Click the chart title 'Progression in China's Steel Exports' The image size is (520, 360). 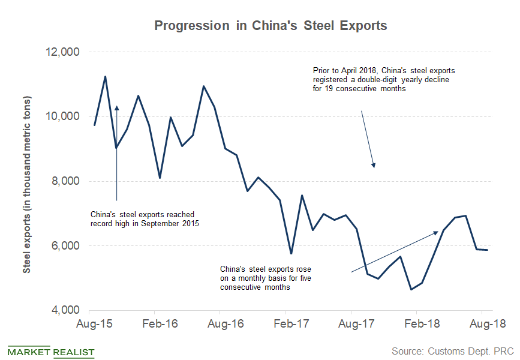coord(270,26)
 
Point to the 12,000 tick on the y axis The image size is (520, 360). coord(62,52)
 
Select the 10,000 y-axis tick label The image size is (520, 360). coord(62,116)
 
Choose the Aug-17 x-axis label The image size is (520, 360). coord(351,325)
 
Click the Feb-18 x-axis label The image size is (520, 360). coord(416,325)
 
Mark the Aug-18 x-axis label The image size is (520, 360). coord(482,325)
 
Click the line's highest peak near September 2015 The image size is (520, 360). coord(106,77)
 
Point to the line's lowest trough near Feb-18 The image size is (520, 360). coord(411,289)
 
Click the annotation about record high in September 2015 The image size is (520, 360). coord(144,219)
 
